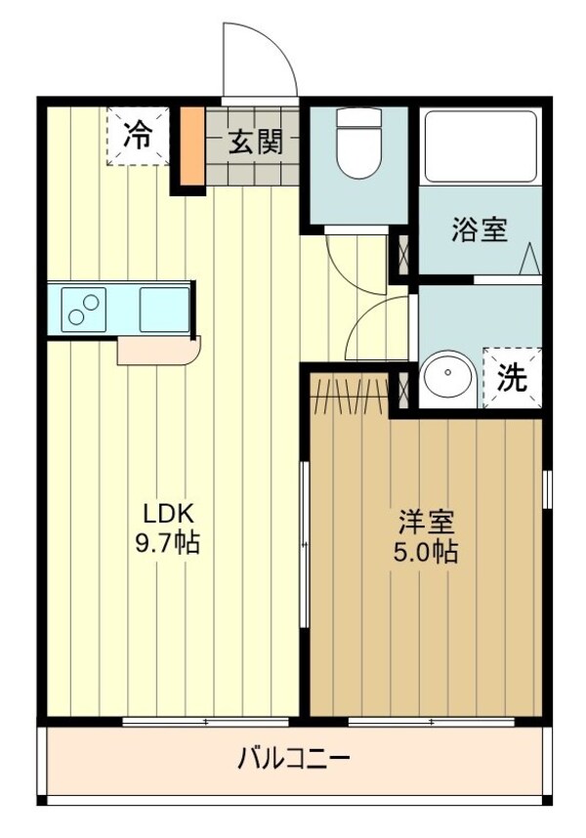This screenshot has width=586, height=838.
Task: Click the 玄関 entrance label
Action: click(x=256, y=143)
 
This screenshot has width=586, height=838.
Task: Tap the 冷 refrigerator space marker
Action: click(x=139, y=136)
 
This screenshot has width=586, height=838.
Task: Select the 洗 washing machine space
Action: click(x=513, y=378)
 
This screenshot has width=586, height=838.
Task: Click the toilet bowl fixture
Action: click(x=359, y=143)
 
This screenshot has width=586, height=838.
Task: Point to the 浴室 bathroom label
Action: click(x=480, y=230)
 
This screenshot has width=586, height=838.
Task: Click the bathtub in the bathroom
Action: click(x=480, y=147)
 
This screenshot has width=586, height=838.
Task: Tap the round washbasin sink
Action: click(x=447, y=376)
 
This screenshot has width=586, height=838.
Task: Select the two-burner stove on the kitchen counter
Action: click(x=84, y=310)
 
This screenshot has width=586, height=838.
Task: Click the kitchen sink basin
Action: click(x=164, y=310)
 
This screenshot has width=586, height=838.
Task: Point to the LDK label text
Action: click(x=167, y=514)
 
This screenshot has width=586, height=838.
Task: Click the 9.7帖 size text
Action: click(x=167, y=543)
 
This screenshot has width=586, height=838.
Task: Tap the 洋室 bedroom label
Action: click(x=427, y=523)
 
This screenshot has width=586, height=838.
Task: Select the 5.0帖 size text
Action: click(x=426, y=552)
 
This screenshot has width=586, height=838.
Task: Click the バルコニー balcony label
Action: click(x=294, y=758)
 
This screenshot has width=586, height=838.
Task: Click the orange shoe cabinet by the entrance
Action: click(x=191, y=147)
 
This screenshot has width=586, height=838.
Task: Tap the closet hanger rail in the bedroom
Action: click(x=350, y=397)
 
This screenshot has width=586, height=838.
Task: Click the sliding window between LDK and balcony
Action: click(x=206, y=722)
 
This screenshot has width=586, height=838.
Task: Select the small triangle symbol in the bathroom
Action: click(x=530, y=258)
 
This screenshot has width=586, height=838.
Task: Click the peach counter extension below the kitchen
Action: click(x=158, y=351)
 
